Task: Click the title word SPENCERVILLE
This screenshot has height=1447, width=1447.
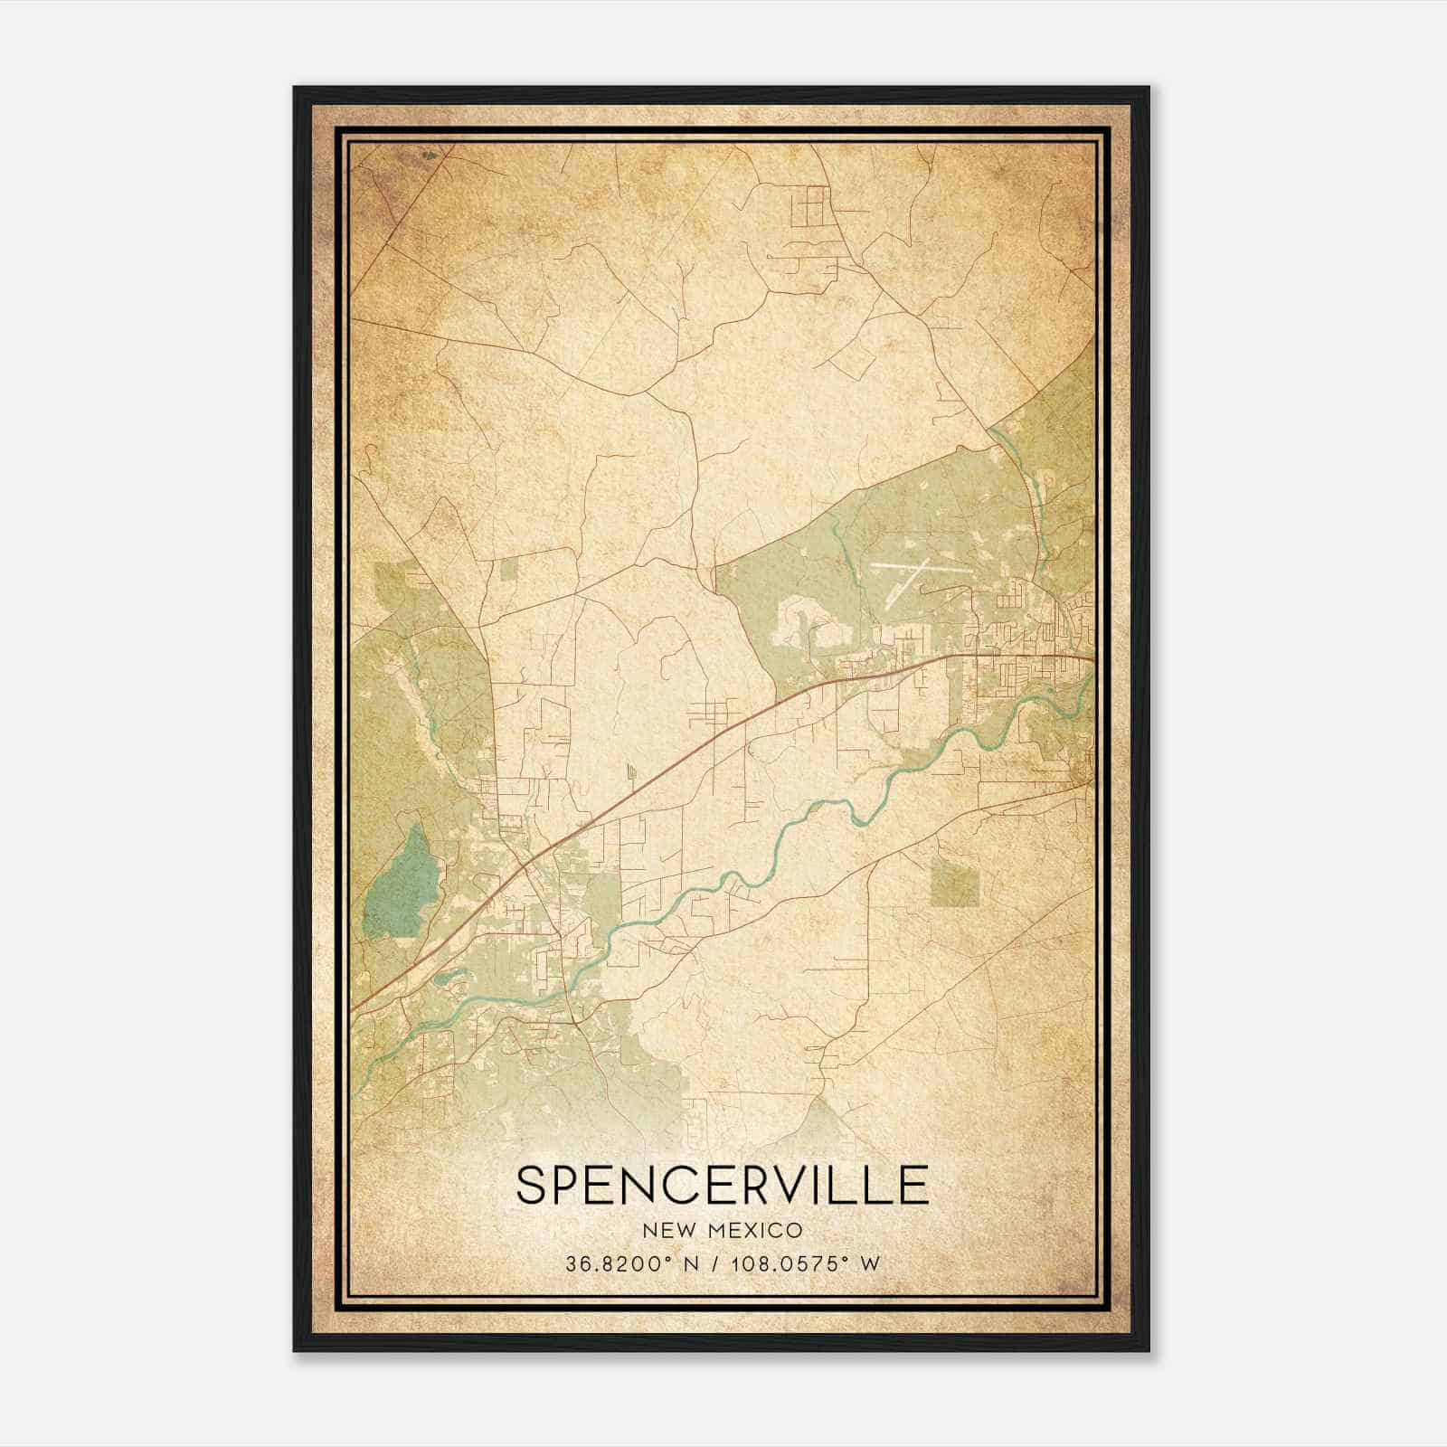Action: coord(723,1185)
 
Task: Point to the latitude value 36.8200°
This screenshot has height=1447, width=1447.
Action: coord(614,1264)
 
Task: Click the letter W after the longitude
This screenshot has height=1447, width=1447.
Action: coord(870,1264)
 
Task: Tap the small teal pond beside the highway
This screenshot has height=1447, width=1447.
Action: coord(449,977)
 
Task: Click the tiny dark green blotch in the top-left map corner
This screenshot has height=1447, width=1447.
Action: coord(429,156)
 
